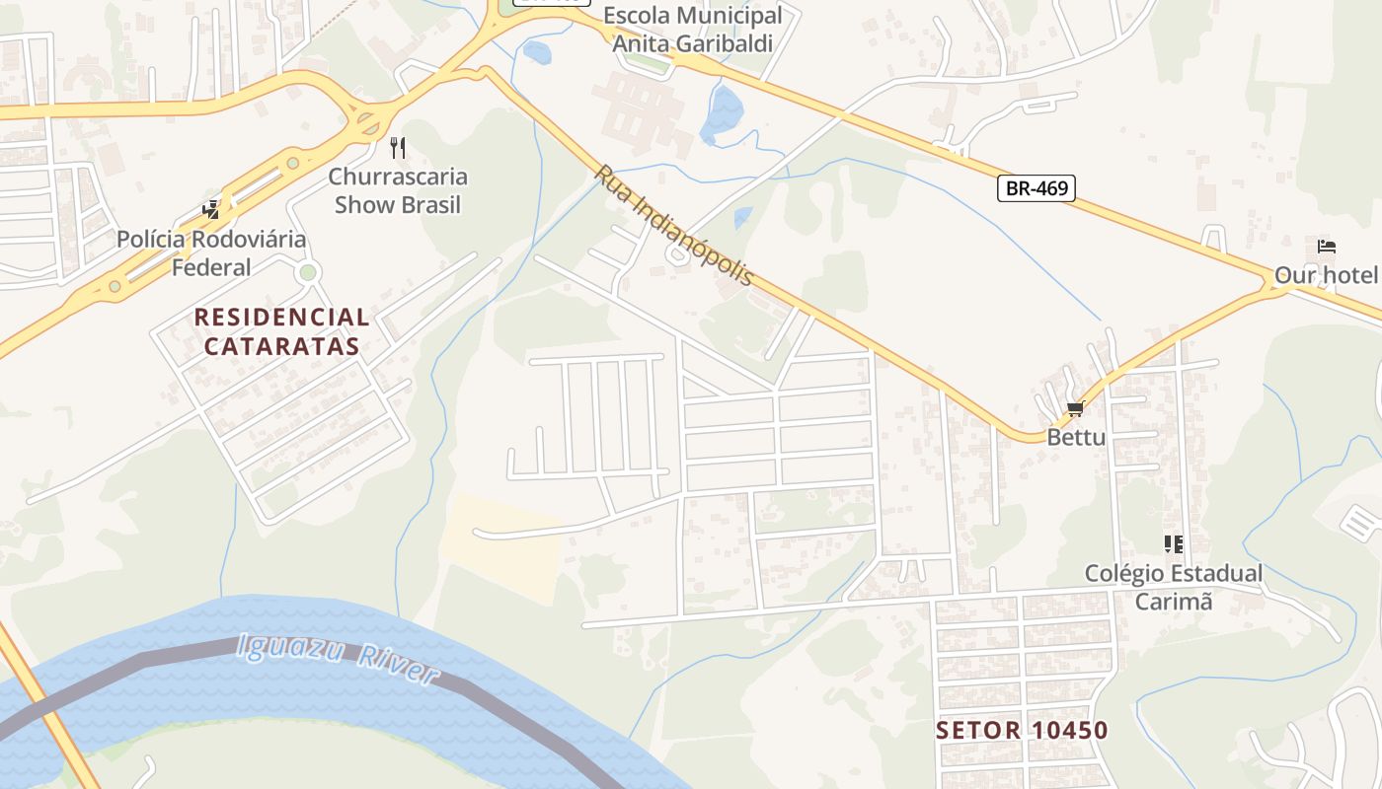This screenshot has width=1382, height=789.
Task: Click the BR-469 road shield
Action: (1036, 187)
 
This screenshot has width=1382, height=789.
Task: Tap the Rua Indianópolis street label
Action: (673, 225)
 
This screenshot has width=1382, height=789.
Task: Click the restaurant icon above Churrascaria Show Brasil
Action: (398, 148)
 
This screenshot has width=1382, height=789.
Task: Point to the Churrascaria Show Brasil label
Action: (398, 191)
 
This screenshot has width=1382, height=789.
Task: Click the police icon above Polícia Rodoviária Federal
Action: (210, 209)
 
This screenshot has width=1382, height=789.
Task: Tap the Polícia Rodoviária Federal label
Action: (211, 252)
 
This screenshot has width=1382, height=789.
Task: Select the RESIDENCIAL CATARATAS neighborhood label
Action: (281, 331)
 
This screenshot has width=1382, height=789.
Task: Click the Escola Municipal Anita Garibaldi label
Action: (692, 30)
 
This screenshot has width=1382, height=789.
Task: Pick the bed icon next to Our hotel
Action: (1326, 247)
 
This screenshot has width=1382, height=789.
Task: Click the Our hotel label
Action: (1326, 275)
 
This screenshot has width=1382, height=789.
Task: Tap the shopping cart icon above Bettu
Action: (1075, 408)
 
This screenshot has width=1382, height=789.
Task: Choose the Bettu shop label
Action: (1076, 437)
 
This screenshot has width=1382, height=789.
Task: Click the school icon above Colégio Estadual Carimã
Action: (1173, 543)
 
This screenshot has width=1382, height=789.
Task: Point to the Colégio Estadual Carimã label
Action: (1173, 587)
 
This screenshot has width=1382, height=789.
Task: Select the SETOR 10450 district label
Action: (1022, 731)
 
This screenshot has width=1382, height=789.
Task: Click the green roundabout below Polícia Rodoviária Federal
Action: (308, 272)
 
